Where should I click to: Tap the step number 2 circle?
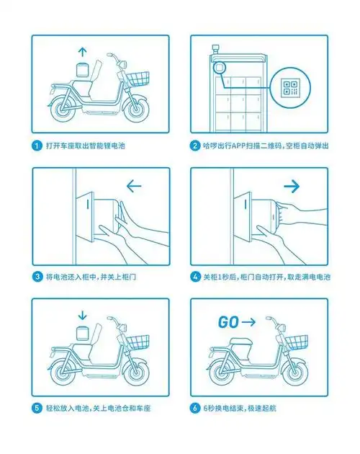[x=194, y=145]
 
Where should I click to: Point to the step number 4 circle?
[x=194, y=277]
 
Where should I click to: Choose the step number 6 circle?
[x=194, y=409]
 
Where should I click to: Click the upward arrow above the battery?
[x=82, y=51]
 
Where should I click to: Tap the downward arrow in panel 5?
[x=82, y=314]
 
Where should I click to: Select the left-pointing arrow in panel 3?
[x=133, y=186]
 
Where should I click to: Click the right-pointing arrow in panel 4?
[x=292, y=186]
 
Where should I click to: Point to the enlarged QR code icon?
[x=291, y=89]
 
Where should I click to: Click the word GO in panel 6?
[x=228, y=322]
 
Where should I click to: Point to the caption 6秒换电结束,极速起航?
[x=244, y=409]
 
